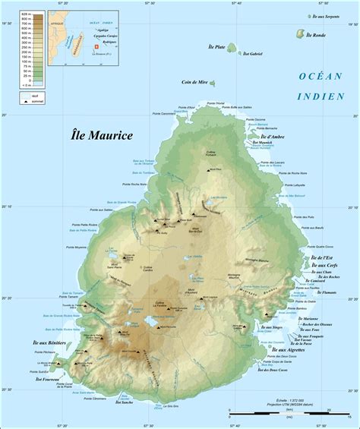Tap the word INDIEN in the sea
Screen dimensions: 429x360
[324, 96]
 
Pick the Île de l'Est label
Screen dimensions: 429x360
[327, 258]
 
